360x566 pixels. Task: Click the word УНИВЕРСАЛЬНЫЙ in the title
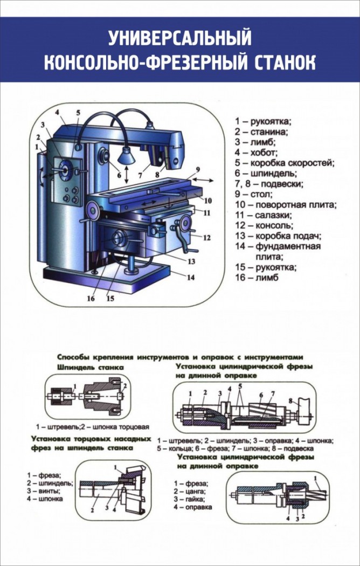click(180, 38)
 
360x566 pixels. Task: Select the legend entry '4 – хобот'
click(256, 152)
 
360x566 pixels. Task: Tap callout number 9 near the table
click(197, 169)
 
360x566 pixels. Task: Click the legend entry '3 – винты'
click(41, 491)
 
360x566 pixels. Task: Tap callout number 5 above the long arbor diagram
click(240, 386)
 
